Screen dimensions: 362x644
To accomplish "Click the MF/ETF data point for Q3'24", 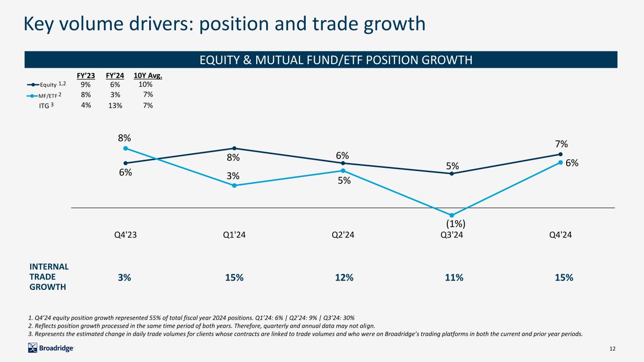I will (452, 215).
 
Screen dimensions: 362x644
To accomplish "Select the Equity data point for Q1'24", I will (234, 148).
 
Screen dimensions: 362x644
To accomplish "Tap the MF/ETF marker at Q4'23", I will (125, 148).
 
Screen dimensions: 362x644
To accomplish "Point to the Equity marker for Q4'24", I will (560, 154).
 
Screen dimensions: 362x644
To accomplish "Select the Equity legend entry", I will (46, 84).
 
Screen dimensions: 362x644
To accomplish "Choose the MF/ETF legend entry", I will (46, 95).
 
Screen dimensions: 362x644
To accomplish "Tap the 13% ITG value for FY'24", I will (115, 106).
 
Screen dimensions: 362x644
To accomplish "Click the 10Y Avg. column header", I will (148, 75).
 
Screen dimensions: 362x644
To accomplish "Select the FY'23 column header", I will (85, 75).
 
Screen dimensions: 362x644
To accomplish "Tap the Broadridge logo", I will (51, 348).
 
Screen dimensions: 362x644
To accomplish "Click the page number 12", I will (613, 349).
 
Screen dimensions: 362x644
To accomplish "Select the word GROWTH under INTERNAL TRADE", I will (48, 287).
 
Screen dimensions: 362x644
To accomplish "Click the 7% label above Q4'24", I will (560, 144).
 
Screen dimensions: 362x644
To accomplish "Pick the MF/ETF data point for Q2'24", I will (343, 171).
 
